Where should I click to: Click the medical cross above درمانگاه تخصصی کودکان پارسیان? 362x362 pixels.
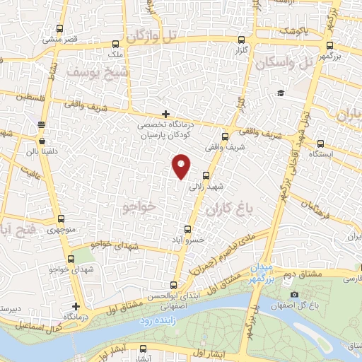click(165, 114)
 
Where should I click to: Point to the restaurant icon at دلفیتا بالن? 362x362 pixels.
click(41, 124)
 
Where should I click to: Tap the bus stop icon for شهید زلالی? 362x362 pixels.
click(206, 175)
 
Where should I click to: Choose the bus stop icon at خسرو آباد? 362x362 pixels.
click(187, 229)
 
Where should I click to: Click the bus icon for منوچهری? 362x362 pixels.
click(61, 219)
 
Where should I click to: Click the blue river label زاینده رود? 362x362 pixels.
click(156, 320)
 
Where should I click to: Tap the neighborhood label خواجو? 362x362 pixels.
click(137, 206)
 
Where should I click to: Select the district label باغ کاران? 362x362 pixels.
click(229, 210)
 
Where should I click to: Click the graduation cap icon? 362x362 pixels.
click(281, 93)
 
